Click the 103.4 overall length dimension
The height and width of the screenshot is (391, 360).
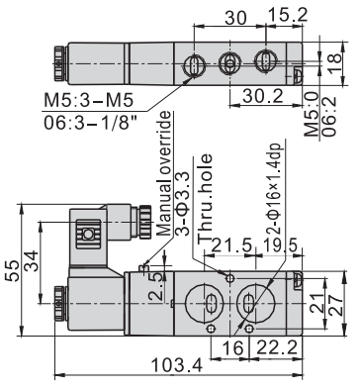(x=176, y=364)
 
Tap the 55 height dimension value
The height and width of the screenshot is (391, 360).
(x=13, y=270)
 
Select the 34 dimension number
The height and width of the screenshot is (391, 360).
(x=32, y=260)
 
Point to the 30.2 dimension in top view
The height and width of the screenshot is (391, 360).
(x=263, y=96)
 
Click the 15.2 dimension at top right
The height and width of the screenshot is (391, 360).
(x=288, y=15)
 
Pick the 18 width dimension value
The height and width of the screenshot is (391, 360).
(x=335, y=59)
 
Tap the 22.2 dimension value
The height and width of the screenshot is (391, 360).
(x=278, y=347)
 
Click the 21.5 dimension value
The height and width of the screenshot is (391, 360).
(x=232, y=245)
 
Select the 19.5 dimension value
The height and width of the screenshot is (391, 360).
(x=280, y=245)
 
